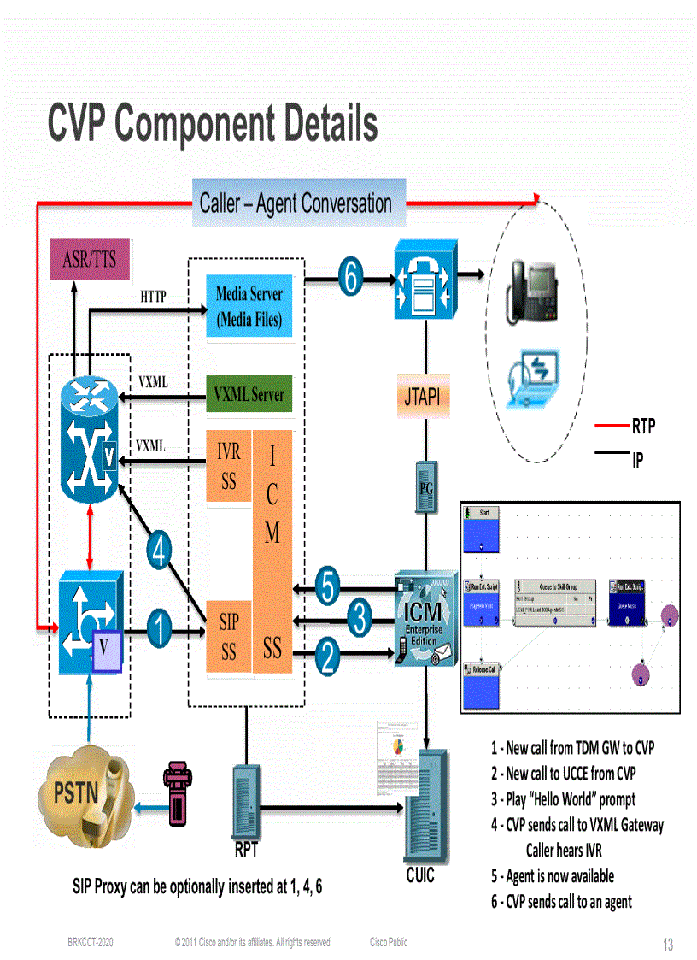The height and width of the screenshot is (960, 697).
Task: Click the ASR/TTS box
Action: click(x=90, y=259)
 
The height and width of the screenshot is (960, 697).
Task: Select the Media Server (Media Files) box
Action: click(x=249, y=308)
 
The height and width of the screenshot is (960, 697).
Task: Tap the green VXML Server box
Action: click(x=249, y=394)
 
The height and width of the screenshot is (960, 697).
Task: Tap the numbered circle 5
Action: click(x=329, y=587)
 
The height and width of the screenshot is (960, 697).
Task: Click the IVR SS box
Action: click(x=229, y=466)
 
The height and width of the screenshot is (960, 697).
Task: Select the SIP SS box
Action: click(x=228, y=636)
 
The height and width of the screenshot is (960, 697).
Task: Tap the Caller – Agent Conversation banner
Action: click(x=296, y=203)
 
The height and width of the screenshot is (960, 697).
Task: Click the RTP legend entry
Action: click(x=643, y=426)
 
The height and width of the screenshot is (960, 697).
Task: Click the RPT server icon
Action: click(x=246, y=800)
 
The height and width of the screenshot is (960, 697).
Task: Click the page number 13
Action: click(x=668, y=945)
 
